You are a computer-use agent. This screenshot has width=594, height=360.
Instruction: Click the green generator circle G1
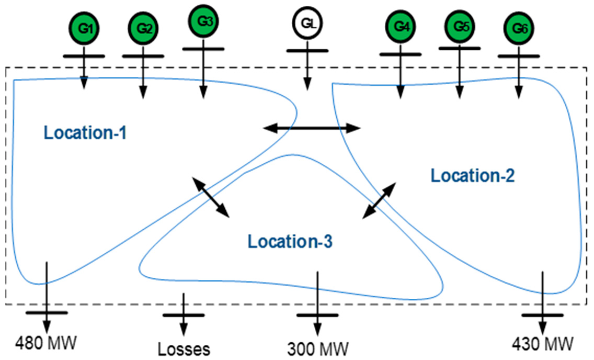(84, 28)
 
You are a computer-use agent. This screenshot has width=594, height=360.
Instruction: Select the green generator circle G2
(143, 28)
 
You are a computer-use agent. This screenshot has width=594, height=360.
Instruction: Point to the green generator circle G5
(460, 26)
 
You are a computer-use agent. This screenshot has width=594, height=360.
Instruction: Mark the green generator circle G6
(519, 29)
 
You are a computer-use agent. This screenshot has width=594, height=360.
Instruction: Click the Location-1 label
(85, 133)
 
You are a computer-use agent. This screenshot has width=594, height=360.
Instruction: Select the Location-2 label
(473, 175)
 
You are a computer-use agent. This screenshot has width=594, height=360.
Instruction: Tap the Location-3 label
(290, 242)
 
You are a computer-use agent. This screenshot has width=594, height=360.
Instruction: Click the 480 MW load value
(46, 344)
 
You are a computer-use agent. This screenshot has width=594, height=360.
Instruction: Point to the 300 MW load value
(317, 347)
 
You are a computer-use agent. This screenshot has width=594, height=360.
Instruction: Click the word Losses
(184, 348)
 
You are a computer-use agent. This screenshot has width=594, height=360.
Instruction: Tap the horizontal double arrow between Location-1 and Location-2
(312, 128)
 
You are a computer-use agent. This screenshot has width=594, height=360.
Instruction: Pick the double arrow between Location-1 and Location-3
(211, 197)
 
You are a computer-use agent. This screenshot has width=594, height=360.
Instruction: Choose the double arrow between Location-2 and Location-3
(380, 200)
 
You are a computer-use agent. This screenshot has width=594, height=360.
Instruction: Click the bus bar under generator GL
(307, 51)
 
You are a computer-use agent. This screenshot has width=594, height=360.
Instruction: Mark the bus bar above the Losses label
(184, 315)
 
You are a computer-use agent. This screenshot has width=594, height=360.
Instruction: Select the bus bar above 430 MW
(542, 315)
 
